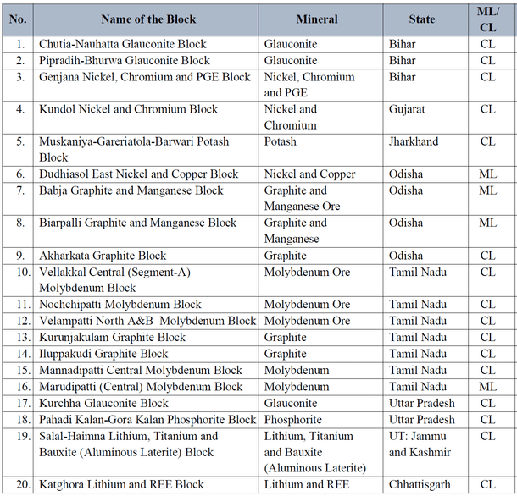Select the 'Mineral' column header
317,19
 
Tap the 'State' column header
421,19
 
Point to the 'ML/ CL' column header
487,19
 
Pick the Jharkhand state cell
414,141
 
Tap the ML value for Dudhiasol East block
487,174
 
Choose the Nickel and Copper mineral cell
309,174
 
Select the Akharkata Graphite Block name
103,256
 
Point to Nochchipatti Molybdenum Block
120,305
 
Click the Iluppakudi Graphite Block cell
103,354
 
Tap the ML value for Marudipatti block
487,387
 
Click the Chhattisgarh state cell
422,485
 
